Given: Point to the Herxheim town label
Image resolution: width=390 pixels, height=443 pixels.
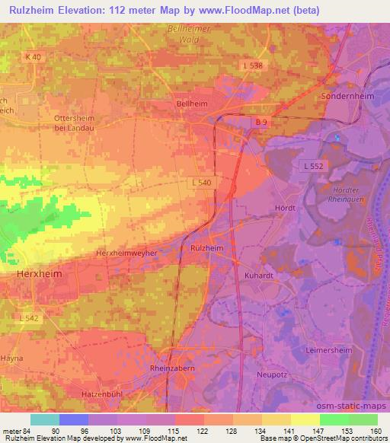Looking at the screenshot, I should [x=39, y=272].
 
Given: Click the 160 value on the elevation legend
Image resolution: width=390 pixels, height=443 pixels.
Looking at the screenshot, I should [x=376, y=430].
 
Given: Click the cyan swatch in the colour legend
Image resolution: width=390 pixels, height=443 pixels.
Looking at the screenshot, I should [x=45, y=419].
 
